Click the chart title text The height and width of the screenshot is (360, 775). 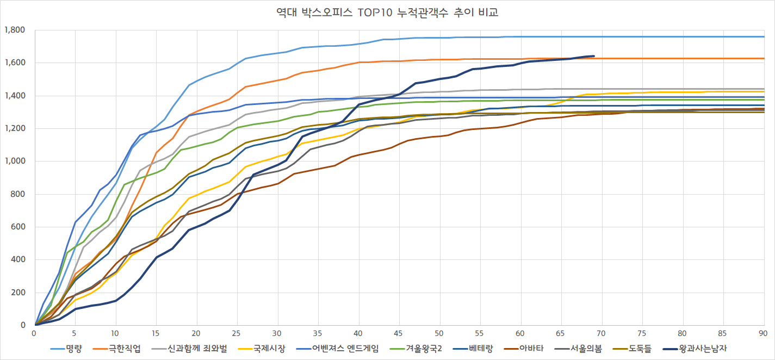[x=387, y=13]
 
